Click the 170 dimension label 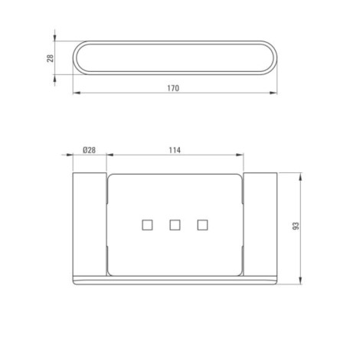[x=173, y=88]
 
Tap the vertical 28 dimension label [x=51, y=58]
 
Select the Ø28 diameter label [x=89, y=150]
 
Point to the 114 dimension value [x=175, y=150]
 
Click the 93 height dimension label [x=296, y=226]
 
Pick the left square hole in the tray [x=147, y=225]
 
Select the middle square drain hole [x=175, y=225]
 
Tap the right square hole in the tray [x=202, y=225]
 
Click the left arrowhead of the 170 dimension [x=77, y=93]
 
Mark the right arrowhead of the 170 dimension [x=273, y=93]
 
